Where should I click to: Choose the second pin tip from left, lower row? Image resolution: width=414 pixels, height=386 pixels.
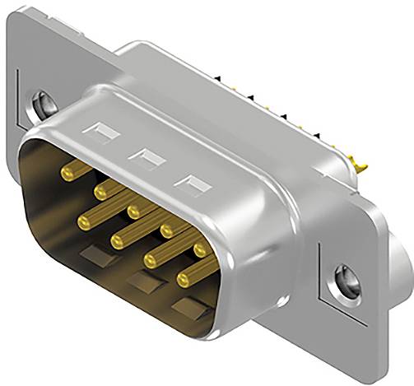[x=116, y=240]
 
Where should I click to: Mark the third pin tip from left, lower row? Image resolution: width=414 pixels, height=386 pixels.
[x=150, y=260]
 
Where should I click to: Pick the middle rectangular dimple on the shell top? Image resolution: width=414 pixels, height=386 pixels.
[x=148, y=154]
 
